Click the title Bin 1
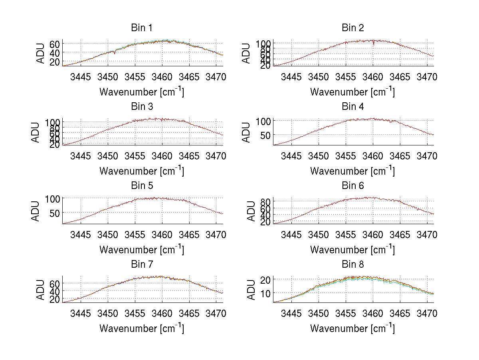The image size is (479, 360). pyautogui.click(x=142, y=28)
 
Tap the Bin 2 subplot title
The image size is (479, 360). pyautogui.click(x=353, y=28)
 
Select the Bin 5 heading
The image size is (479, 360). pyautogui.click(x=142, y=186)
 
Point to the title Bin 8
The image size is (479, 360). pyautogui.click(x=353, y=265)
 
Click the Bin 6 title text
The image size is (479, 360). pyautogui.click(x=353, y=186)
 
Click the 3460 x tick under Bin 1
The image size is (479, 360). pyautogui.click(x=162, y=77)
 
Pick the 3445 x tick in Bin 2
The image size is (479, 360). pyautogui.click(x=291, y=77)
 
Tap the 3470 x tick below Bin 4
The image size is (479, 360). pyautogui.click(x=427, y=156)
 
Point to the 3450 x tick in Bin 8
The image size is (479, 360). pyautogui.click(x=319, y=313)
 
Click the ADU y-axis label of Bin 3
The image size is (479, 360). pyautogui.click(x=36, y=132)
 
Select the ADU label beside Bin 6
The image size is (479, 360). pyautogui.click(x=251, y=211)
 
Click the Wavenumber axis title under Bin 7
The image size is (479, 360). pyautogui.click(x=142, y=328)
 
